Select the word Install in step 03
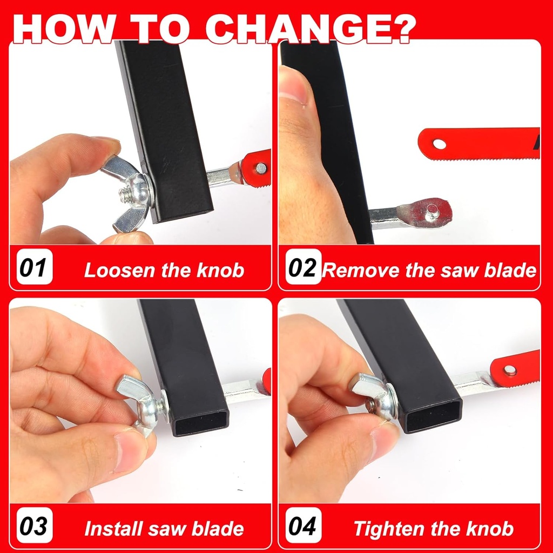coord(111,529)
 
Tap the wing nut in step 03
coord(141,402)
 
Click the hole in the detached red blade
coord(440,144)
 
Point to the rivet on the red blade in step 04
coord(510,370)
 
